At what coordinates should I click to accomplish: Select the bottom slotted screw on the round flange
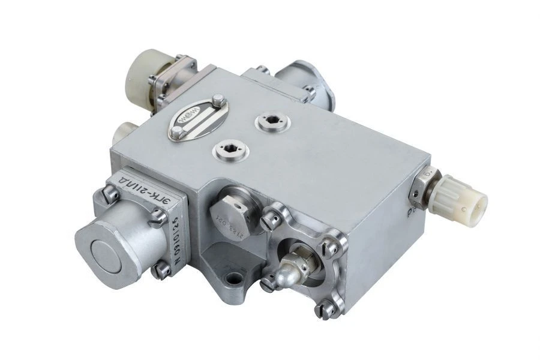click(x=322, y=311)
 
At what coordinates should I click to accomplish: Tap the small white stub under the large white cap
click(x=123, y=131)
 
